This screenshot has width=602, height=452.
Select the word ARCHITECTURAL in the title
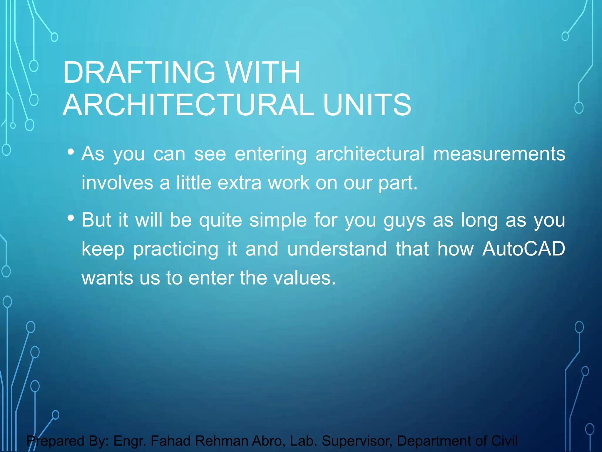(188, 105)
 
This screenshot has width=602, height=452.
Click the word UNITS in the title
(367, 105)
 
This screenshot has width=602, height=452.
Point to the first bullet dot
(71, 152)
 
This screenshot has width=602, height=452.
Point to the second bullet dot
(71, 218)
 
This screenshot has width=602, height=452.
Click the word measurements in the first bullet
(499, 154)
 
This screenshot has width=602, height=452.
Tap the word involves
(117, 183)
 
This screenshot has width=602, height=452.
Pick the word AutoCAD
(524, 249)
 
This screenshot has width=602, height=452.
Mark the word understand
(337, 249)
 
